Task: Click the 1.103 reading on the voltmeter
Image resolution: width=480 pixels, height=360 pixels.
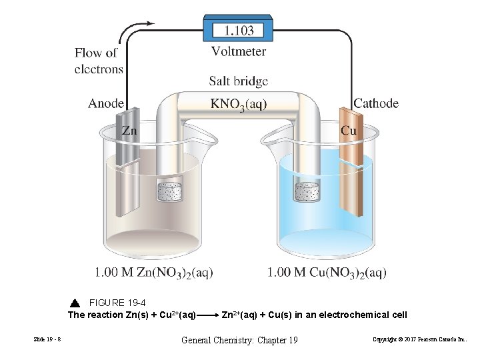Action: tap(238, 30)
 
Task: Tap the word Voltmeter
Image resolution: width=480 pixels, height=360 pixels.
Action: tap(239, 51)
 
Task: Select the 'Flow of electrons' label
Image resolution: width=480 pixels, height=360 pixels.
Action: tap(99, 60)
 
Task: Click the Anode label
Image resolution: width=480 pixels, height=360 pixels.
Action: tap(106, 103)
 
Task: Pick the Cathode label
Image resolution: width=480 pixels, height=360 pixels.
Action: tap(376, 103)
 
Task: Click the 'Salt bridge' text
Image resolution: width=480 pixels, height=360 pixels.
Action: tap(239, 81)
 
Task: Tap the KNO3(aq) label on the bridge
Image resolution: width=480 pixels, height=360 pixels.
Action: tap(239, 105)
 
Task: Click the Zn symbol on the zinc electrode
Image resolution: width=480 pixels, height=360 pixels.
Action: tap(129, 131)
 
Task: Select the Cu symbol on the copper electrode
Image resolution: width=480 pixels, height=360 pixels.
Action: tap(348, 131)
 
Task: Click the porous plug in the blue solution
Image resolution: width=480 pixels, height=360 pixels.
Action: tap(309, 191)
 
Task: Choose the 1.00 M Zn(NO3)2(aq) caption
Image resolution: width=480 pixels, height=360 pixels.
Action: tap(155, 272)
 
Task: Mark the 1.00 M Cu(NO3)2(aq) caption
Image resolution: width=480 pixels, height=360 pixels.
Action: tap(327, 272)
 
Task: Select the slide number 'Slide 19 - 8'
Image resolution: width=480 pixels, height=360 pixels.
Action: tap(47, 341)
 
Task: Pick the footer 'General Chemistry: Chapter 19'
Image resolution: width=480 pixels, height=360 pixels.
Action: tap(239, 341)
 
